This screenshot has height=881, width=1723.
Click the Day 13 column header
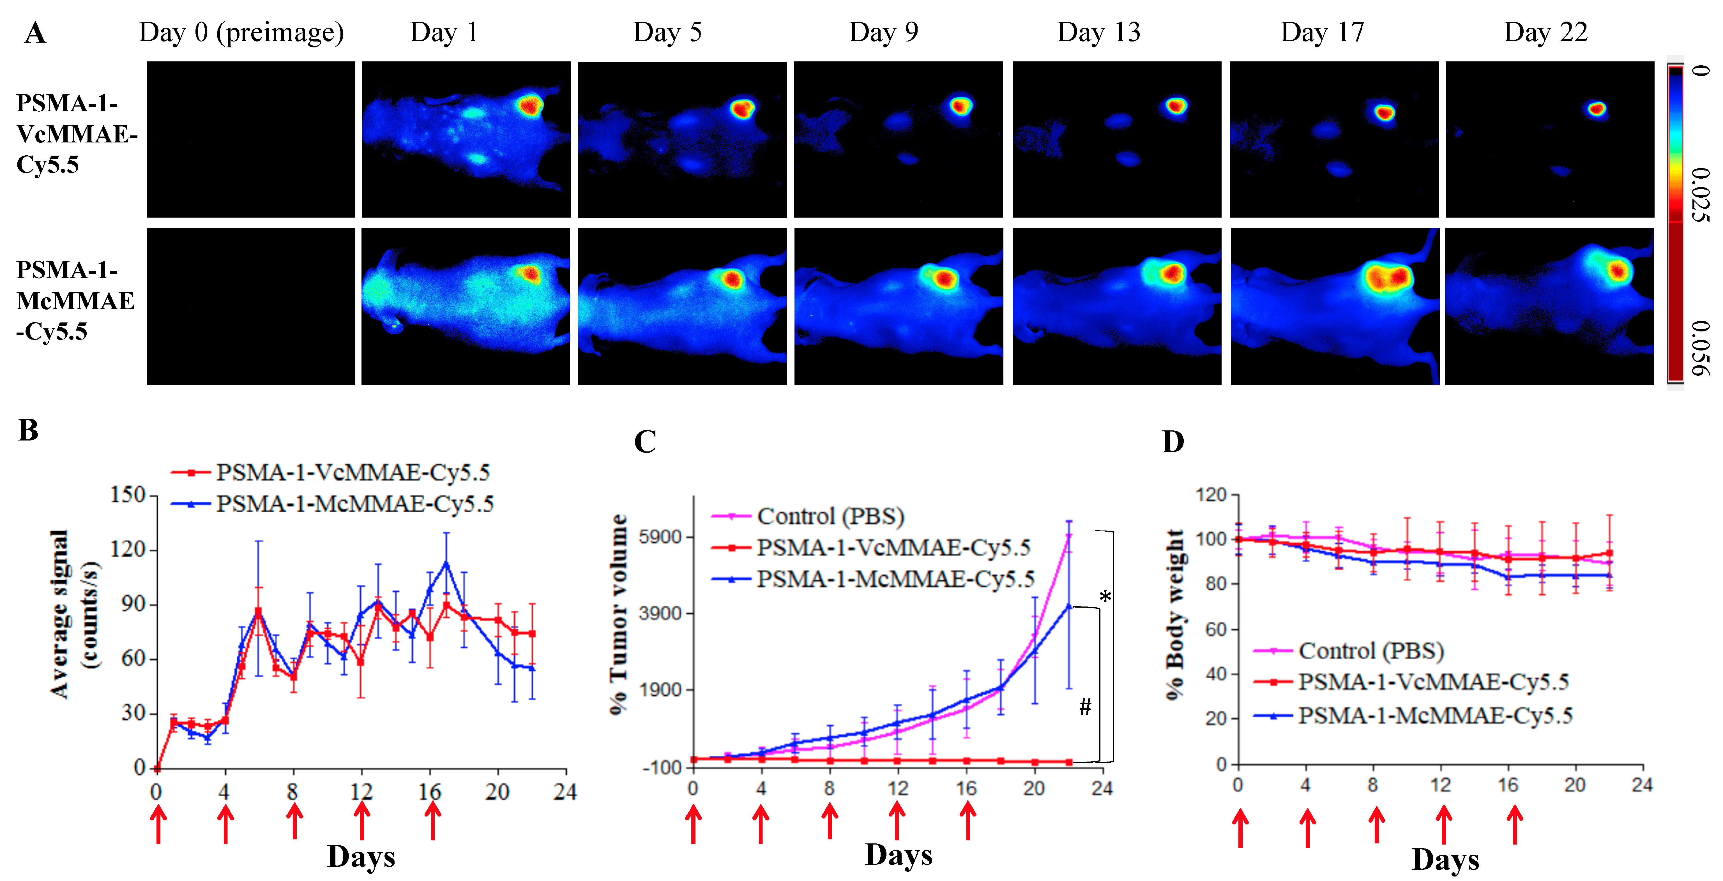coord(1098,32)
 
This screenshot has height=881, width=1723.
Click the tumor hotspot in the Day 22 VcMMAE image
coord(1597,108)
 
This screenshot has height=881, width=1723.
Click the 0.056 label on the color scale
coord(1700,348)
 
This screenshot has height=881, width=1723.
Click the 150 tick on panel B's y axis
coord(128,495)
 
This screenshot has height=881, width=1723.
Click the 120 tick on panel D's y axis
coord(1211,495)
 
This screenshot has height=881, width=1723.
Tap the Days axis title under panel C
coord(898,855)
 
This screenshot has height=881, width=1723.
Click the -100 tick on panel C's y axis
coord(662,767)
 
